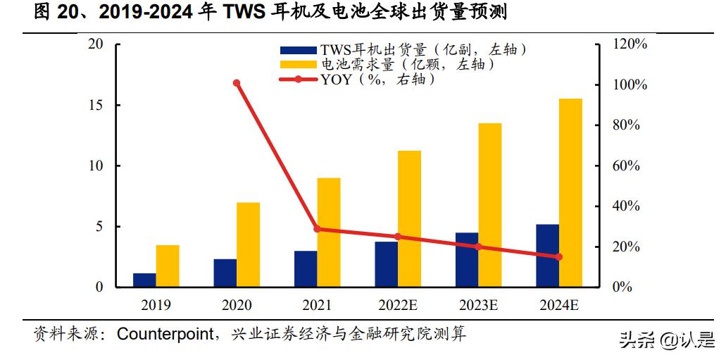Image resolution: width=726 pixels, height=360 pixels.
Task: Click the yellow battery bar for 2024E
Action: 570,193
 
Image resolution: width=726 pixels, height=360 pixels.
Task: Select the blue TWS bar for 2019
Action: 144,280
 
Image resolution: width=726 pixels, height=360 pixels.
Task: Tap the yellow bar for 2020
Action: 248,244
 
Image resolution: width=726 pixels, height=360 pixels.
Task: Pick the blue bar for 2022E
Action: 386,264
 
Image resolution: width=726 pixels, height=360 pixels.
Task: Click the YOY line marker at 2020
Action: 237,83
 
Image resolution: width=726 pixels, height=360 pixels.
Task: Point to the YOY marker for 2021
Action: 317,229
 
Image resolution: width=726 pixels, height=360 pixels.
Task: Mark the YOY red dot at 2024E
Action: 559,257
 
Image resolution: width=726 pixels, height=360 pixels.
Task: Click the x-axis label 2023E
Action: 478,306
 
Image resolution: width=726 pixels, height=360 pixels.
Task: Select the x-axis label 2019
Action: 156,306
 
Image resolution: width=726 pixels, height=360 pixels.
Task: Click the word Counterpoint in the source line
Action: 165,333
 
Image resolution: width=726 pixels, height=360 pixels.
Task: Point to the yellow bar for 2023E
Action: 490,205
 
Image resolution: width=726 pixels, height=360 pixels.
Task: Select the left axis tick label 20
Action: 95,44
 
